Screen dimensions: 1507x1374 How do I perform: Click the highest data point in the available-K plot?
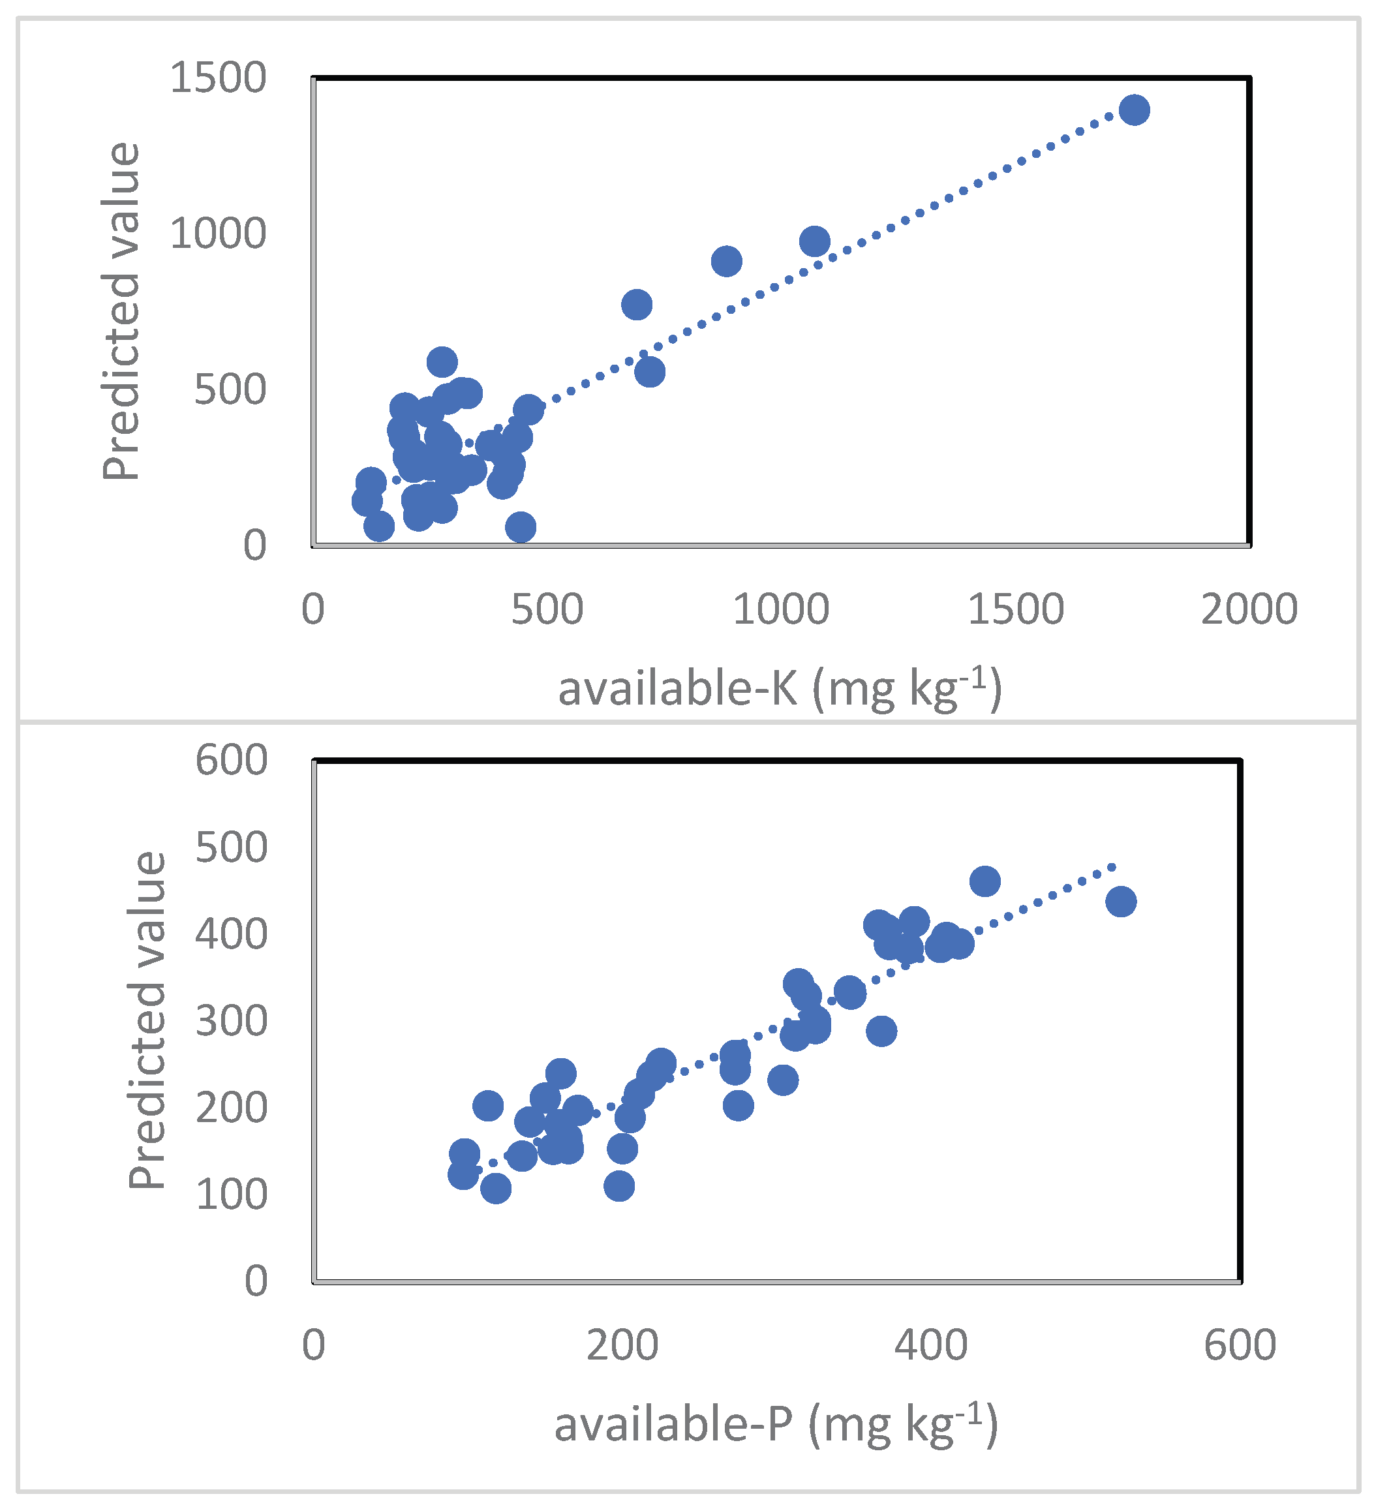pos(1134,110)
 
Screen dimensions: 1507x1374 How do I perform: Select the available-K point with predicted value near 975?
pos(814,241)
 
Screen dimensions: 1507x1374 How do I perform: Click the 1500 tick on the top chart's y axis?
pos(217,78)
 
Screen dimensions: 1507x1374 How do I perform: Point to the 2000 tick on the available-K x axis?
pos(1249,609)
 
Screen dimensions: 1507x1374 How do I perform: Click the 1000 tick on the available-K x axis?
pos(780,609)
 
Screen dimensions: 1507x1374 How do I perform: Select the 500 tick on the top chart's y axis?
pos(230,389)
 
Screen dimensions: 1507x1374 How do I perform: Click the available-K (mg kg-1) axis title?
pos(779,688)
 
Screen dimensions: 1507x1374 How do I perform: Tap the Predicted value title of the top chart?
pos(121,311)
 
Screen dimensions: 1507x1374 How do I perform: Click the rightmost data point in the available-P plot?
pos(1121,902)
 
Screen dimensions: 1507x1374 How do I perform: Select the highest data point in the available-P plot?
pos(985,881)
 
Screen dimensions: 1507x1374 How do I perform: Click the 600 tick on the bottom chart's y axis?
pos(231,760)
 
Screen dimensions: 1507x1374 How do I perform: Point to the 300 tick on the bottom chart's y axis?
pos(231,1020)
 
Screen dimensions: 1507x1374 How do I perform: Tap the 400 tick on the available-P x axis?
pos(931,1345)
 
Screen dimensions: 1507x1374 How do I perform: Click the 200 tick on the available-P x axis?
pos(622,1345)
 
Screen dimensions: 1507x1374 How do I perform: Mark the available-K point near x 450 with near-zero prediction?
pos(520,527)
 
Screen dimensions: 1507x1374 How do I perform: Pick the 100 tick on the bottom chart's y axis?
pos(231,1195)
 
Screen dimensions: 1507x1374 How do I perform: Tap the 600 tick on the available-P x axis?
pos(1240,1345)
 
